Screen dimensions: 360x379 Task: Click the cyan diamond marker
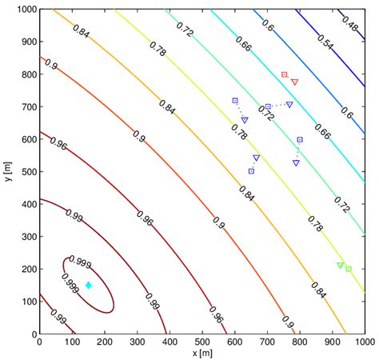[88, 285]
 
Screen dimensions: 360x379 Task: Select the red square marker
[284, 74]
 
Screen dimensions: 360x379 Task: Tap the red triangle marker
[294, 82]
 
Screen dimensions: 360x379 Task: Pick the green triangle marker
[340, 265]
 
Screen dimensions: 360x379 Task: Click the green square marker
[349, 269]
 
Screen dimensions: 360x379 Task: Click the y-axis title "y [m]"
[6, 171]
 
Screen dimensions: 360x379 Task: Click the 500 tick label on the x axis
[202, 342]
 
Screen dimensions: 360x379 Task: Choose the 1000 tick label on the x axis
[364, 342]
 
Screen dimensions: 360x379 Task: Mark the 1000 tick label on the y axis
[21, 10]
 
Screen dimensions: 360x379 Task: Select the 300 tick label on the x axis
[138, 342]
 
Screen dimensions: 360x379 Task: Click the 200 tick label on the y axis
[23, 270]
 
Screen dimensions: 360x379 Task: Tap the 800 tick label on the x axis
[300, 342]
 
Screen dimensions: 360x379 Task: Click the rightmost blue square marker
[300, 139]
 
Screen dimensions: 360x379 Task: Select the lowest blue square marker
[251, 171]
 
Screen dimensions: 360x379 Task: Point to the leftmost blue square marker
[235, 100]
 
